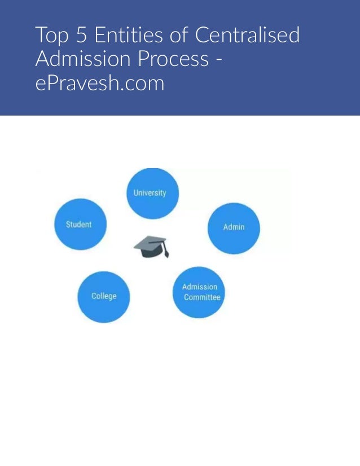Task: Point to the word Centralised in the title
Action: [x=247, y=36]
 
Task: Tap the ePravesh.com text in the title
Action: [x=99, y=83]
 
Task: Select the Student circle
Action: [x=80, y=224]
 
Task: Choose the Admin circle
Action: [x=234, y=228]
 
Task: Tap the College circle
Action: [x=104, y=297]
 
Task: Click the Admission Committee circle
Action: [x=199, y=292]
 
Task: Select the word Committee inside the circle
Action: [x=201, y=297]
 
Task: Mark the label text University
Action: [x=150, y=193]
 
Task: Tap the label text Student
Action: [x=78, y=225]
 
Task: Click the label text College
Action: [x=104, y=296]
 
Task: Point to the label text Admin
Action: [x=234, y=227]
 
